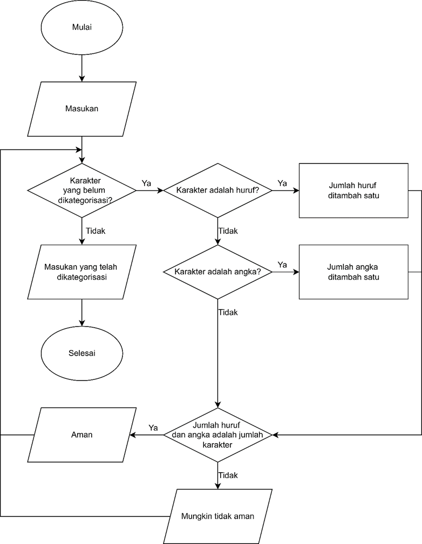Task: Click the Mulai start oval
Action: coord(81,28)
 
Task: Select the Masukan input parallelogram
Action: coord(81,108)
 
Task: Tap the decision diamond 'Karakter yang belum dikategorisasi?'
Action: coord(81,191)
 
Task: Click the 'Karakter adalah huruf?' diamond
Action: coord(217,191)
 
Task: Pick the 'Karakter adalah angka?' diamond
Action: coord(217,272)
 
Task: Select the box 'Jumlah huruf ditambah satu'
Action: coord(353,191)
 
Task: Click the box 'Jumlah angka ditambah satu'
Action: coord(353,272)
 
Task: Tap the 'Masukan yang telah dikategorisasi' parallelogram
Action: coord(81,272)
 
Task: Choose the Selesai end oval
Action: coord(81,353)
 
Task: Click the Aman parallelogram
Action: coord(81,434)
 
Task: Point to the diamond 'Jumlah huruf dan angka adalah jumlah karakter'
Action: coord(217,434)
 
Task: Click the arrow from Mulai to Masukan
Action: coord(81,68)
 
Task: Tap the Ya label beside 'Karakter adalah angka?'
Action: coord(282,264)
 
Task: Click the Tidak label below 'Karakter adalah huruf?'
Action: coord(228,230)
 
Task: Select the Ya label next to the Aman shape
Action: coord(153,427)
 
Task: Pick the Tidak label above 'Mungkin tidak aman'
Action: coord(228,475)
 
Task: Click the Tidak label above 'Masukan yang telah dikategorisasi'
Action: coord(95,230)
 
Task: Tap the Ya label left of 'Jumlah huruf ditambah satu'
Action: coord(282,183)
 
